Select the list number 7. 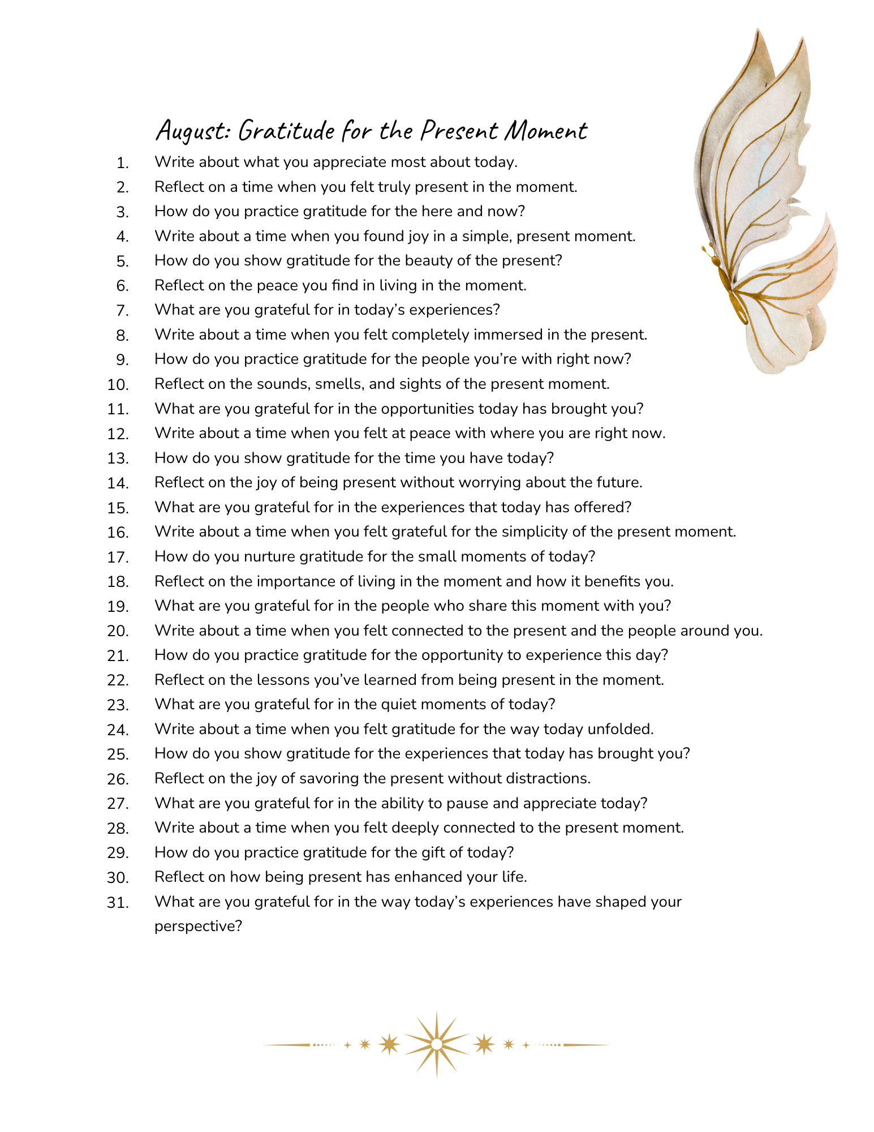coord(123,311)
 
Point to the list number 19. coord(118,607)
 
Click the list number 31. coord(118,903)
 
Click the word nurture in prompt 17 coord(269,556)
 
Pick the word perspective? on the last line coord(198,927)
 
